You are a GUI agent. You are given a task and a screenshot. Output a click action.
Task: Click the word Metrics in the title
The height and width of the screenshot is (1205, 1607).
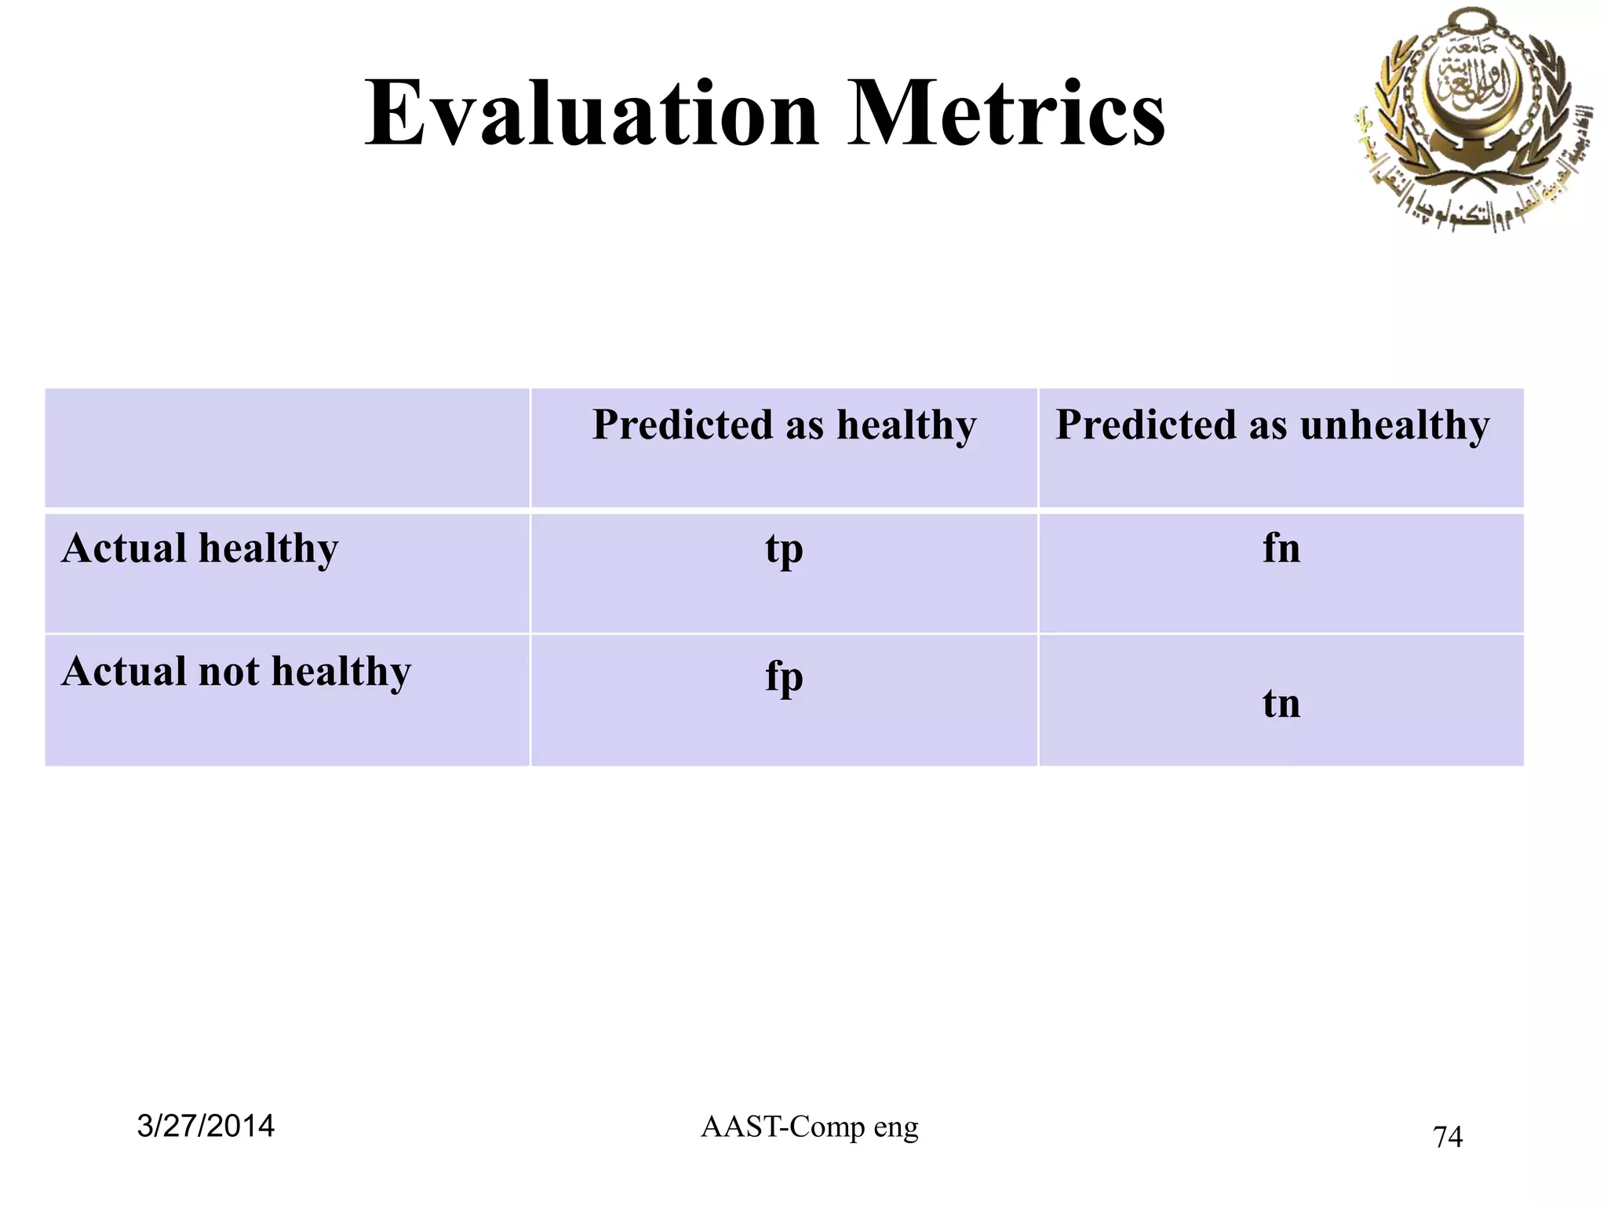pyautogui.click(x=1007, y=114)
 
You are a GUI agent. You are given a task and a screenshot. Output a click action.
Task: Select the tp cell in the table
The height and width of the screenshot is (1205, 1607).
pyautogui.click(x=784, y=549)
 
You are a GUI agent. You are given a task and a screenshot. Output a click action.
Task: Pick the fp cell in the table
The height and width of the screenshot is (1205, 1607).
pyautogui.click(x=784, y=676)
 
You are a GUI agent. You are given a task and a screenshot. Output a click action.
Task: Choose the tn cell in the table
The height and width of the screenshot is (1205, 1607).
pyautogui.click(x=1281, y=703)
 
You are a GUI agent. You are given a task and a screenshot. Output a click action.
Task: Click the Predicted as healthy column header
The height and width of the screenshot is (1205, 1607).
pyautogui.click(x=784, y=425)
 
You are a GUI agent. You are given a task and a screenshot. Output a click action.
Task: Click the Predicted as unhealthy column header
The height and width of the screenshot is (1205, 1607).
pyautogui.click(x=1272, y=425)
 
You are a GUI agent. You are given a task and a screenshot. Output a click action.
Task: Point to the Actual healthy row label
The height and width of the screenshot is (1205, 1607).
pyautogui.click(x=200, y=548)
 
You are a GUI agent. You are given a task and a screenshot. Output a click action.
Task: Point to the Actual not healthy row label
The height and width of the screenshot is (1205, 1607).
pyautogui.click(x=235, y=672)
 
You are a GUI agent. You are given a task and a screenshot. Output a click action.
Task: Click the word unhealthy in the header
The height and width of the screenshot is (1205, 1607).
pyautogui.click(x=1394, y=425)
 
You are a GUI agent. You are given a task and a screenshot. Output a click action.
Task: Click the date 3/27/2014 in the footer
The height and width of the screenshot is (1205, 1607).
pyautogui.click(x=206, y=1126)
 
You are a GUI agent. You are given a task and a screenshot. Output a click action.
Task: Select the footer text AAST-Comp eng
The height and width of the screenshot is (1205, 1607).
pyautogui.click(x=809, y=1127)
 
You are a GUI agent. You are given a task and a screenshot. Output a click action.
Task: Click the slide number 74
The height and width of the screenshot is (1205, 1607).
pyautogui.click(x=1448, y=1137)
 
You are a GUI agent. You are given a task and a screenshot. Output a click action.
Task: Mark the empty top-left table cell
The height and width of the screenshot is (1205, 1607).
pyautogui.click(x=287, y=448)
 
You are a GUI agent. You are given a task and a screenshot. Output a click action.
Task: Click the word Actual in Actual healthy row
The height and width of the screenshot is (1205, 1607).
pyautogui.click(x=123, y=548)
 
